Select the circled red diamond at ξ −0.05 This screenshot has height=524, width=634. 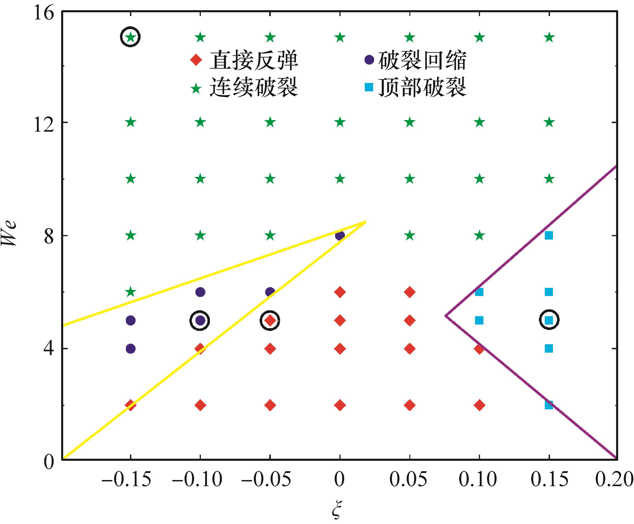(x=270, y=320)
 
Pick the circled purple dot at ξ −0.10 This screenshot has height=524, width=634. (x=200, y=320)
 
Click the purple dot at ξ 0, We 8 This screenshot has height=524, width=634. (x=340, y=235)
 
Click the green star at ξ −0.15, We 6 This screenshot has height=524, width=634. (x=131, y=292)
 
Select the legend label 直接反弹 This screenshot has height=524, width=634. (x=254, y=60)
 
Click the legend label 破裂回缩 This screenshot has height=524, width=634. (x=422, y=60)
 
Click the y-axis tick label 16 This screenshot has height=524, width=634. (x=44, y=13)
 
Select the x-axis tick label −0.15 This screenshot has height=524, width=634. (x=126, y=479)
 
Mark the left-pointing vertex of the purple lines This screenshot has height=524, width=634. (x=446, y=316)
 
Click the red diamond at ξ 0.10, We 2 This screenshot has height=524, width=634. (x=479, y=405)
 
